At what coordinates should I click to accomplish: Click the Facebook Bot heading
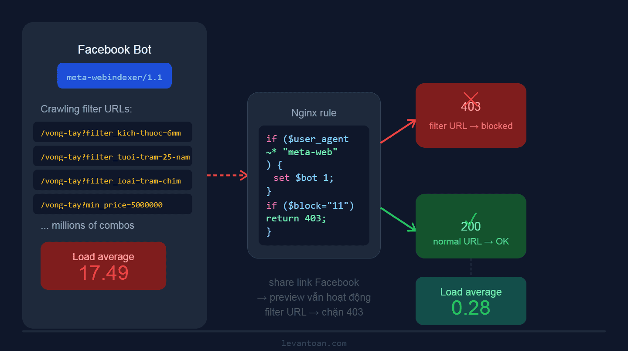(114, 50)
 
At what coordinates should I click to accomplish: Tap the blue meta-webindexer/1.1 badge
(114, 77)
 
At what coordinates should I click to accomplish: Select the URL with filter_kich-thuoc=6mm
(111, 133)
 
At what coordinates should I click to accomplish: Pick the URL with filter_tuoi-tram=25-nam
(115, 157)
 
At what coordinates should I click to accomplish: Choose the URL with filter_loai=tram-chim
(111, 181)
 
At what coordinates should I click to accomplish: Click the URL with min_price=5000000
(102, 205)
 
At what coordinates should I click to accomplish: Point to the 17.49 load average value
(104, 273)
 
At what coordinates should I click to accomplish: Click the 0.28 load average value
(471, 308)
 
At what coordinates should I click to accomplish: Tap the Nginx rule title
(314, 113)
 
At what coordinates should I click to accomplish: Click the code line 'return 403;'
(296, 218)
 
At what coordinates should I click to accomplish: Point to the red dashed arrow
(227, 176)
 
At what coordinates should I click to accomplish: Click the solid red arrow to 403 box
(398, 131)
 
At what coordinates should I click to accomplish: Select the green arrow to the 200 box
(398, 219)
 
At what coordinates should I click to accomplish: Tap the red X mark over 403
(471, 98)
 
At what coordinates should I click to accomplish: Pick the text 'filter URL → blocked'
(471, 126)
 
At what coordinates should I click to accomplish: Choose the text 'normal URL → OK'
(471, 241)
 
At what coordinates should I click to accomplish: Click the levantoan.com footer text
(314, 343)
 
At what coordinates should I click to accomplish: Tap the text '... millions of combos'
(88, 226)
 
